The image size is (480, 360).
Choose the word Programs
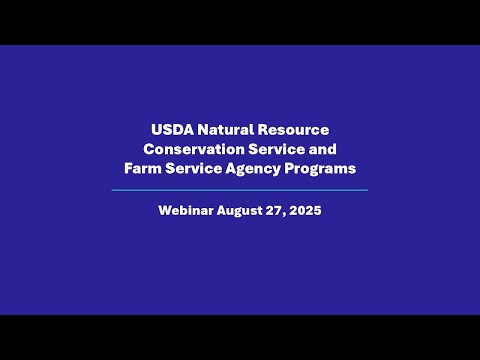pos(321,169)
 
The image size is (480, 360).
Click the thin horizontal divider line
pos(240,189)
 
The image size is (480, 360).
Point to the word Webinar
pos(189,211)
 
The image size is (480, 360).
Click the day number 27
pos(284,211)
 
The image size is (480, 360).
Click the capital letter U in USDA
pos(157,130)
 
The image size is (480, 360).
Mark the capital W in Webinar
pos(165,211)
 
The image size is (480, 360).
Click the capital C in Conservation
pos(148,149)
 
